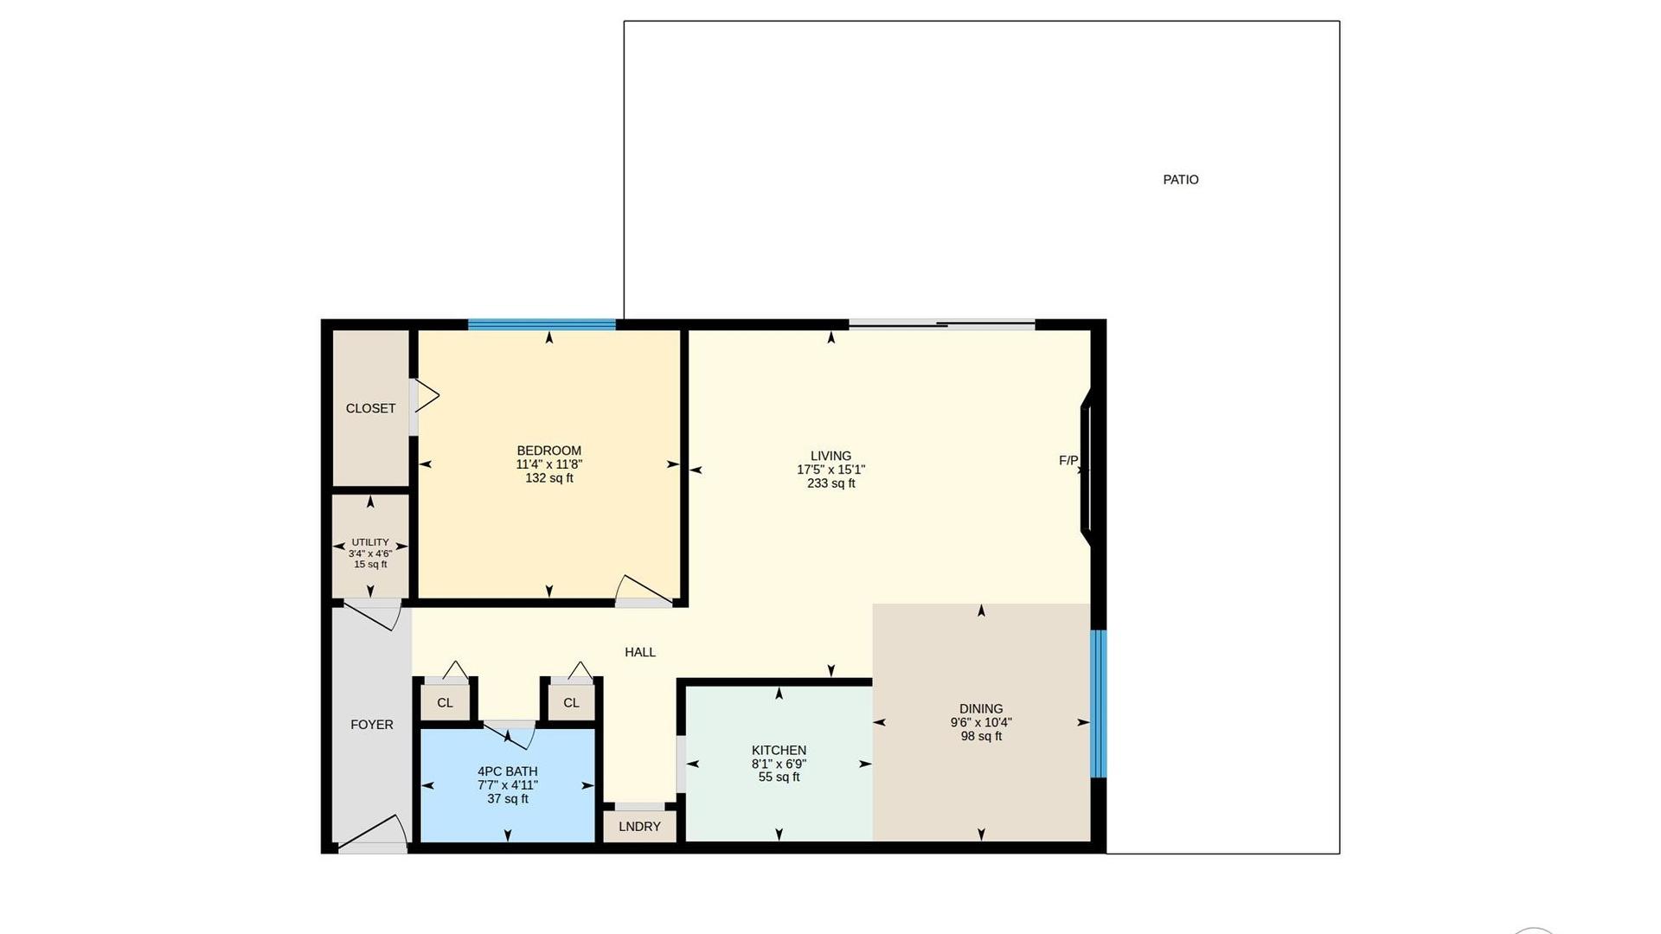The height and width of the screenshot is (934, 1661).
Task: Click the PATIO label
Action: (1180, 180)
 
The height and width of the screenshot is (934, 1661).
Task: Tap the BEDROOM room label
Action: (548, 451)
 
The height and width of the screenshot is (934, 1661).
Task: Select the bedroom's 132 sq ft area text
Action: (548, 478)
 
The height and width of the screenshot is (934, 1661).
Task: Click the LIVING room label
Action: (830, 456)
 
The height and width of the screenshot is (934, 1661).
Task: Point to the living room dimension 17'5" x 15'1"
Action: (830, 470)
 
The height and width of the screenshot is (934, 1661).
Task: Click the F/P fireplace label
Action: (1068, 461)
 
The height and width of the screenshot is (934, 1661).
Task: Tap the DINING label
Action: (981, 709)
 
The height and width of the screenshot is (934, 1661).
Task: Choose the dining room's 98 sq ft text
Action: (981, 737)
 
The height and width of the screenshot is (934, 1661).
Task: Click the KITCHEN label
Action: (779, 751)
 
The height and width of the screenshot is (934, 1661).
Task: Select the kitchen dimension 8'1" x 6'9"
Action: (779, 764)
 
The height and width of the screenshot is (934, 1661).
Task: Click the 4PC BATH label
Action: (507, 771)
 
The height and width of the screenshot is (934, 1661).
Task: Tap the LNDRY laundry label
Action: (639, 827)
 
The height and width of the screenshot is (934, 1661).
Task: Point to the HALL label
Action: (640, 652)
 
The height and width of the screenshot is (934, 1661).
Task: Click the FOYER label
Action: (372, 725)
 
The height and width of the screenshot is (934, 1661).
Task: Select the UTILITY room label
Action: (370, 542)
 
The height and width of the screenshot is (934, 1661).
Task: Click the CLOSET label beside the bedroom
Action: (370, 408)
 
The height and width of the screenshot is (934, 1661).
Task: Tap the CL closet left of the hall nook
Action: (445, 703)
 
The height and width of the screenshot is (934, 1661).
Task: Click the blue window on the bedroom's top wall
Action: (542, 325)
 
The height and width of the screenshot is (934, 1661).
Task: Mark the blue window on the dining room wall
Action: (1099, 704)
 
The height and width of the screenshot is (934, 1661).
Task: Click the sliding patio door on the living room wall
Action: (942, 325)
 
